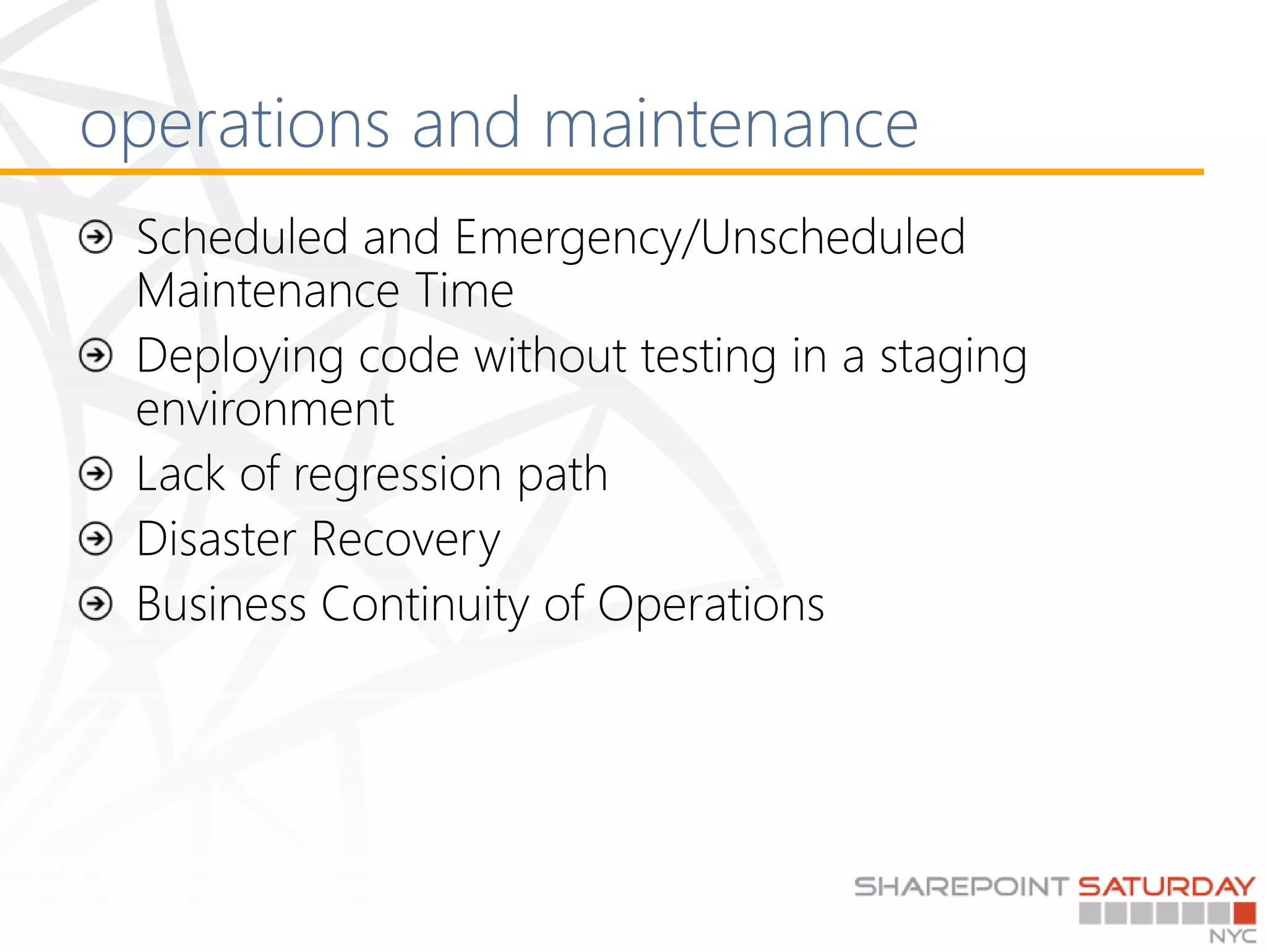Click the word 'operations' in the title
tap(235, 127)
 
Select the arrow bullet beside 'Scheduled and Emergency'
tap(97, 237)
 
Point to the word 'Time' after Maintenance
tap(465, 290)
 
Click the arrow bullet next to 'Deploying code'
tap(97, 356)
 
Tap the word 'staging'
tap(953, 358)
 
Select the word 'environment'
tap(265, 410)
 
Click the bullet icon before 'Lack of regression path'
tap(97, 474)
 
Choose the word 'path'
tap(562, 476)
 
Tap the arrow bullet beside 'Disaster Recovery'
tap(97, 539)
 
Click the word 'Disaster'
tap(217, 539)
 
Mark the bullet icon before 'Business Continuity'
tap(97, 604)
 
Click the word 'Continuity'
tap(425, 605)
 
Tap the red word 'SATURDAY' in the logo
tap(1167, 887)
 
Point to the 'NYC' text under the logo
tap(1233, 936)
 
